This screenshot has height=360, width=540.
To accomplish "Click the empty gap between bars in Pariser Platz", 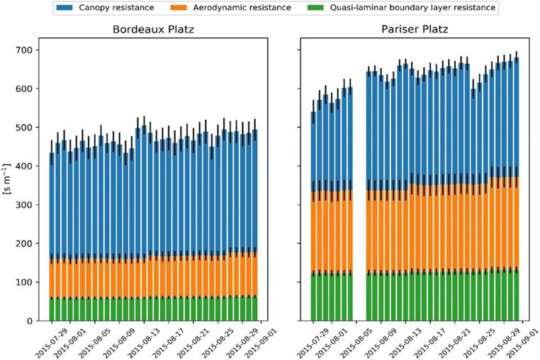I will coord(359,213).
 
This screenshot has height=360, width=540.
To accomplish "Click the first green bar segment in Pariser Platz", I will coord(314,298).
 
